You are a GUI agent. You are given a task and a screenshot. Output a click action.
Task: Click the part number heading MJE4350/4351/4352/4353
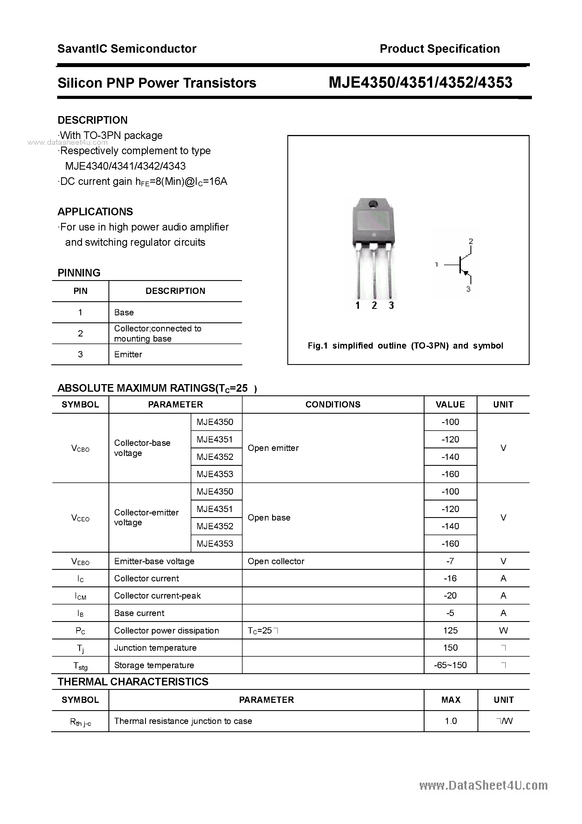click(420, 83)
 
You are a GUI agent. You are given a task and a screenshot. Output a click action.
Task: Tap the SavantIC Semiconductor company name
click(127, 49)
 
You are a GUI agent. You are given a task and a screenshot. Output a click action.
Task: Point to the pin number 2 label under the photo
click(374, 305)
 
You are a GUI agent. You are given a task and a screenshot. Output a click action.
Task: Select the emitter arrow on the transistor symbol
click(466, 273)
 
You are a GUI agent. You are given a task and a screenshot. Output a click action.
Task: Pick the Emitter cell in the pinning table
click(128, 355)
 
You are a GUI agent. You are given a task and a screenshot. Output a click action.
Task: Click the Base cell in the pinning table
click(124, 313)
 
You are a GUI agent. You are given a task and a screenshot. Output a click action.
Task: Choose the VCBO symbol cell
click(80, 448)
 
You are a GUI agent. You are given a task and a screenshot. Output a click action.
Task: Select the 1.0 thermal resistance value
click(450, 721)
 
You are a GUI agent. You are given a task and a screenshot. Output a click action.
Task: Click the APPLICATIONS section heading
click(95, 212)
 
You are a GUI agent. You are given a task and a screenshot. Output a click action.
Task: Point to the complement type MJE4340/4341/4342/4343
click(125, 166)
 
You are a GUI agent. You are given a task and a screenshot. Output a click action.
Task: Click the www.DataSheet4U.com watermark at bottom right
click(483, 786)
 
